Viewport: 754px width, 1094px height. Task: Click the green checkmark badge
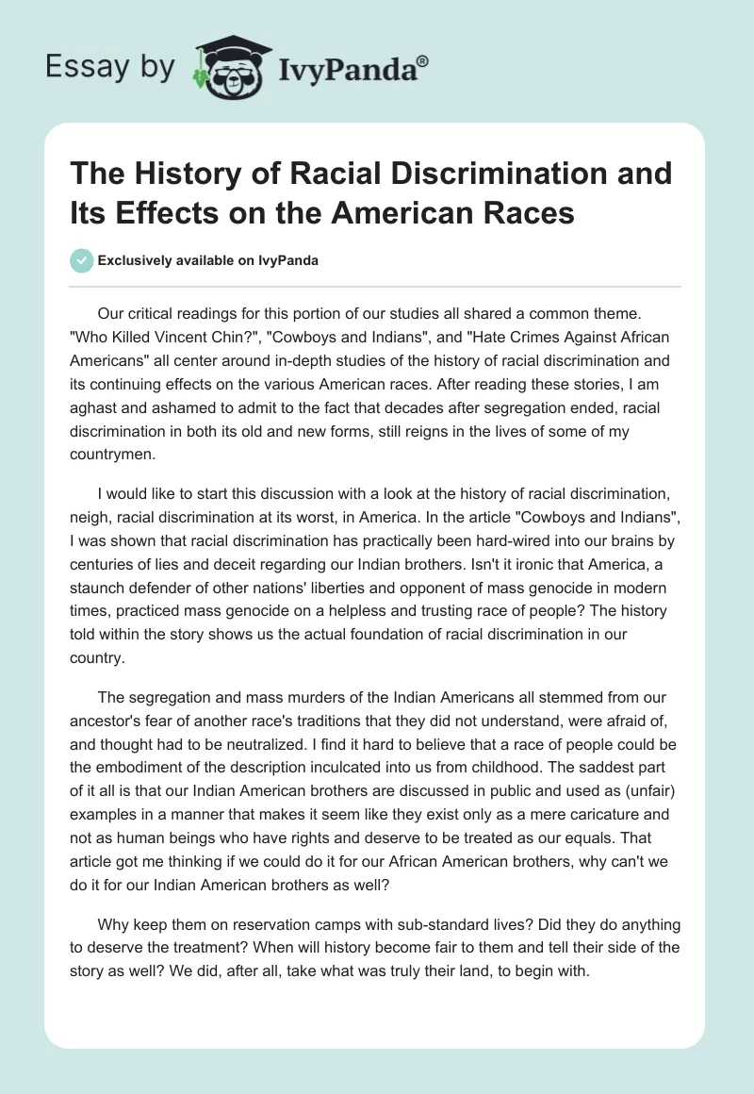83,260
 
